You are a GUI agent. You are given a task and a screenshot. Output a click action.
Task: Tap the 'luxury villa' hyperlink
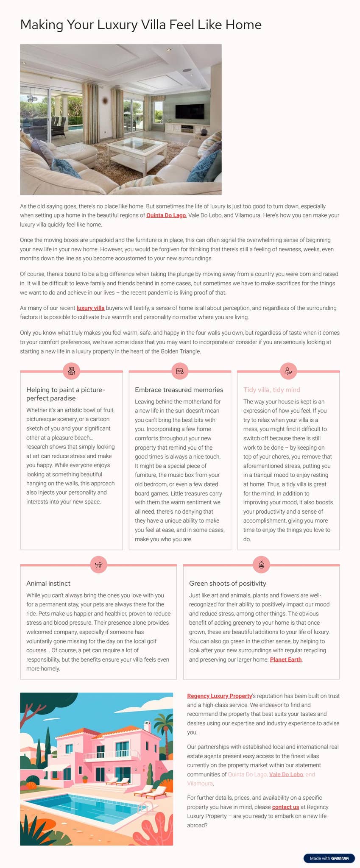pyautogui.click(x=90, y=308)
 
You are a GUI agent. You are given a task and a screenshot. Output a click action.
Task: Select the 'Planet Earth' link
pyautogui.click(x=286, y=659)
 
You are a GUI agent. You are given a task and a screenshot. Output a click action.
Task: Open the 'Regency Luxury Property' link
pyautogui.click(x=219, y=696)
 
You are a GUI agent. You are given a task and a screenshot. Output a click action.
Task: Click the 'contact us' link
pyautogui.click(x=285, y=807)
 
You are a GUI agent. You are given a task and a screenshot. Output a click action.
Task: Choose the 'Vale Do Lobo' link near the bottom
pyautogui.click(x=286, y=774)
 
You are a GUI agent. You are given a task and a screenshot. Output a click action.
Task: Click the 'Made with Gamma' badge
pyautogui.click(x=329, y=858)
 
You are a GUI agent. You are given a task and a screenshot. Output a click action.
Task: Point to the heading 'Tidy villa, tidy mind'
pyautogui.click(x=272, y=389)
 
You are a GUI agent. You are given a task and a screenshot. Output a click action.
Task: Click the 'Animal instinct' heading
pyautogui.click(x=48, y=583)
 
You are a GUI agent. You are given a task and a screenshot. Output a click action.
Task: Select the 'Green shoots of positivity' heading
pyautogui.click(x=227, y=583)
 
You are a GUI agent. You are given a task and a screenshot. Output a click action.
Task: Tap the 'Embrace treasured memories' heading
pyautogui.click(x=179, y=389)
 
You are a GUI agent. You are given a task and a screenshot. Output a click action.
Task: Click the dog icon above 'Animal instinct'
pyautogui.click(x=99, y=565)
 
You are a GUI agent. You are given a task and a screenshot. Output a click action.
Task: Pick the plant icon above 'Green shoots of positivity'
pyautogui.click(x=262, y=565)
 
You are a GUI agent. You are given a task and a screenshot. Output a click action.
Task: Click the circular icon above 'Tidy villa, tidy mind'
pyautogui.click(x=288, y=371)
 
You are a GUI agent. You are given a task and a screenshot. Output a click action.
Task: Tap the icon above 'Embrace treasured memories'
pyautogui.click(x=180, y=371)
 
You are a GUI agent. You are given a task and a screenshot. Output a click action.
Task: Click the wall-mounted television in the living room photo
pyautogui.click(x=190, y=112)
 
